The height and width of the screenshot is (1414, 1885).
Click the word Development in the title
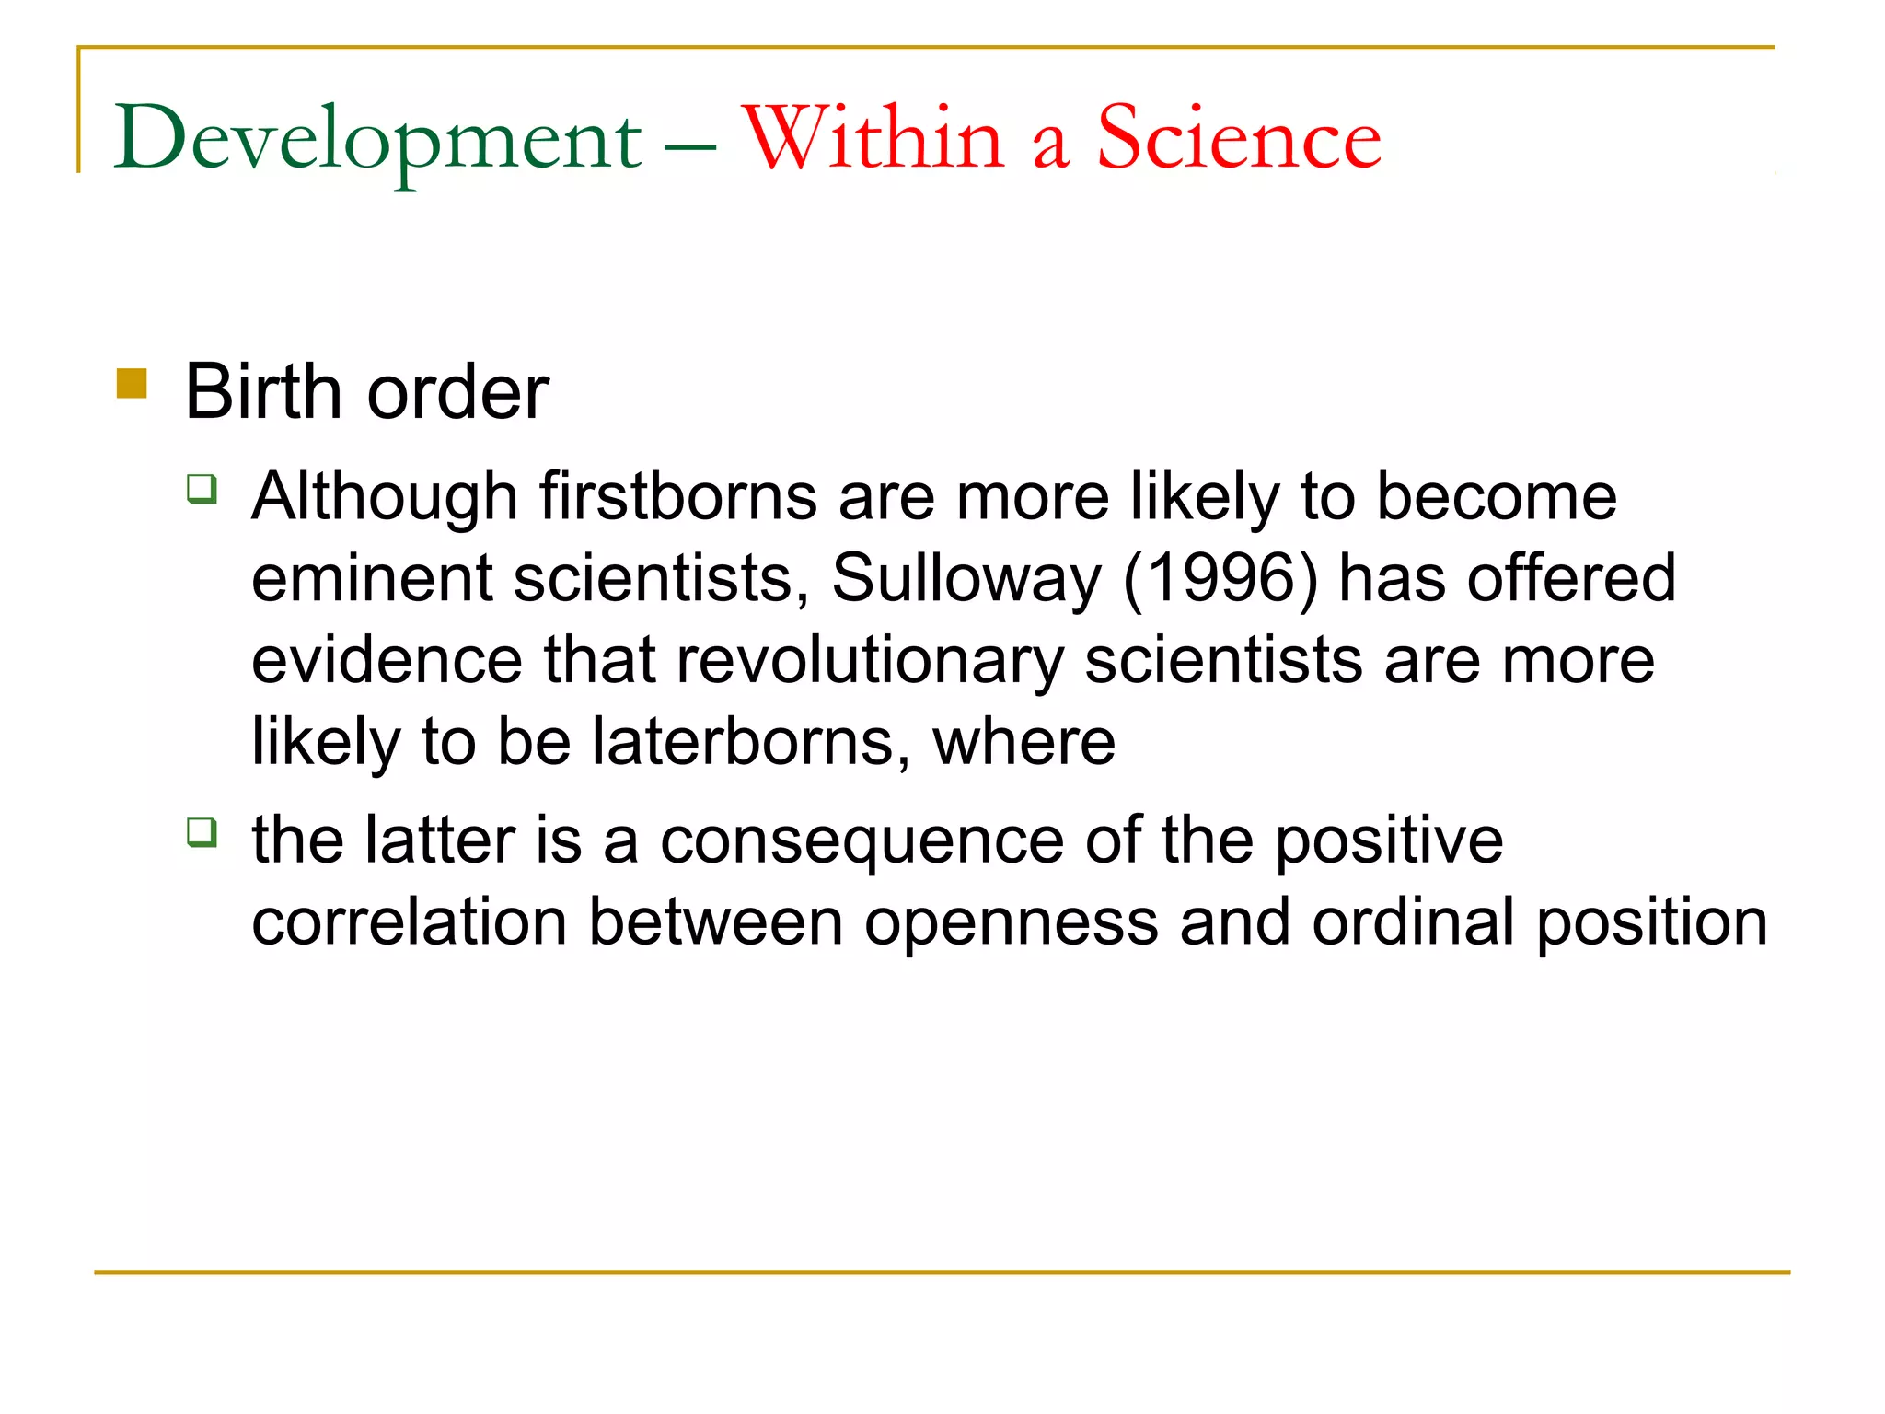(377, 140)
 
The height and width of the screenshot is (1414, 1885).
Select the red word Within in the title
(873, 138)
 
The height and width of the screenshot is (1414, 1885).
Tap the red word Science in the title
(1239, 138)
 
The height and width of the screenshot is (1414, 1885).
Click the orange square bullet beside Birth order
(132, 383)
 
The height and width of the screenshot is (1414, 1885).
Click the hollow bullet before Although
(202, 488)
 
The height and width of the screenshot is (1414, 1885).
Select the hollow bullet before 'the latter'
(202, 832)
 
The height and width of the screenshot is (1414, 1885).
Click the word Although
(385, 497)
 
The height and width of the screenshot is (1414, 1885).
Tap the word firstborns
(677, 497)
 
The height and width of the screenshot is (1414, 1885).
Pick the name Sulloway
(966, 579)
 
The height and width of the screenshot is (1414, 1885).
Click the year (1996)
(1220, 579)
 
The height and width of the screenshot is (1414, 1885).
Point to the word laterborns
(743, 742)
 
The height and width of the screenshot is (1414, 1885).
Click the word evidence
(387, 661)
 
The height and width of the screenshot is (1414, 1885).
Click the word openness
(1011, 922)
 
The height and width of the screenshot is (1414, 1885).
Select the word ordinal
(1413, 922)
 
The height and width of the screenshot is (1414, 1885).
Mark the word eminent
(372, 579)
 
